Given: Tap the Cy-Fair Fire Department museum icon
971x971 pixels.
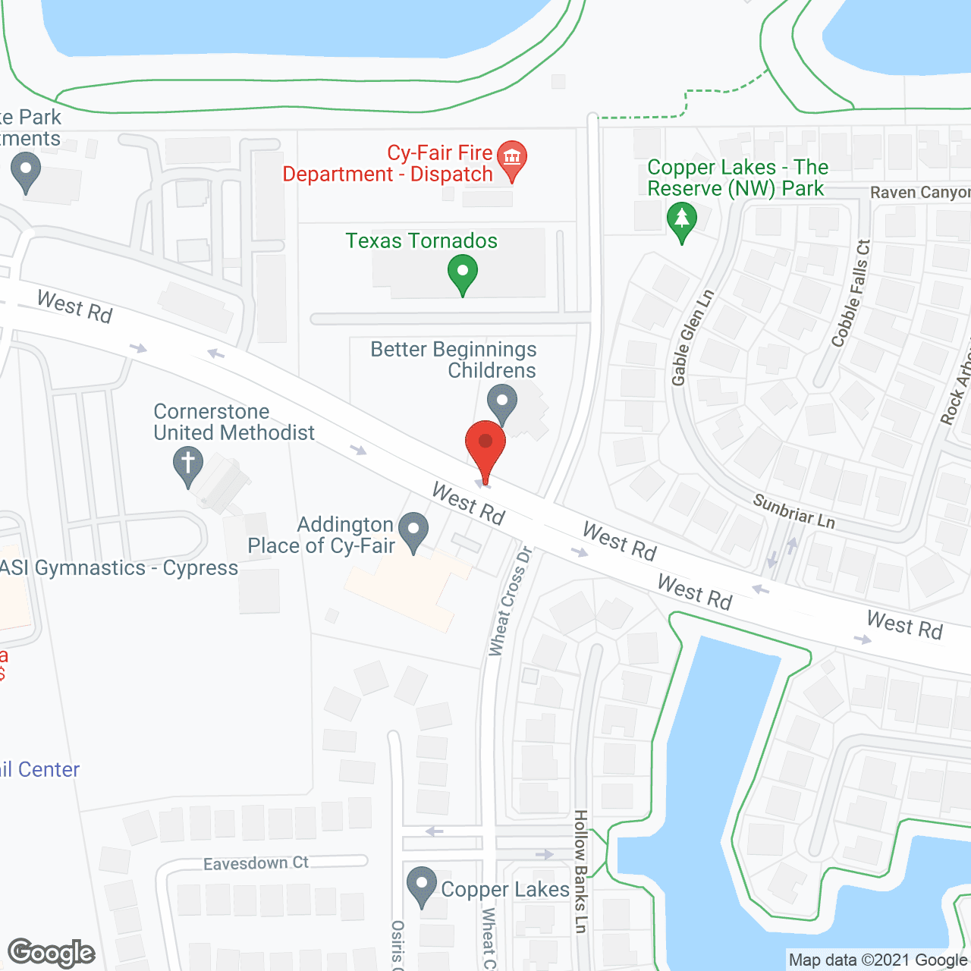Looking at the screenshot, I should pyautogui.click(x=512, y=159).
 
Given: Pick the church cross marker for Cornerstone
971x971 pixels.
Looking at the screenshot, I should pyautogui.click(x=188, y=464).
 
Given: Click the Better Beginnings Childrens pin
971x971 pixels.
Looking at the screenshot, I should pyautogui.click(x=501, y=402).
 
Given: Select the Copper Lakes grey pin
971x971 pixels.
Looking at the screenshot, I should pyautogui.click(x=422, y=885).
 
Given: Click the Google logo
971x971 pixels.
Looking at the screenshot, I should pyautogui.click(x=52, y=953).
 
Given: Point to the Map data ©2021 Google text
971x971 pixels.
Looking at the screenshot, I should pyautogui.click(x=878, y=960).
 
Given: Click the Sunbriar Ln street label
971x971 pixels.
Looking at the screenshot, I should pyautogui.click(x=793, y=511).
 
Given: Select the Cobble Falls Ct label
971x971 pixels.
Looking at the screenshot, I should pyautogui.click(x=851, y=294).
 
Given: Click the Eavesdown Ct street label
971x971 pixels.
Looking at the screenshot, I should pyautogui.click(x=256, y=863).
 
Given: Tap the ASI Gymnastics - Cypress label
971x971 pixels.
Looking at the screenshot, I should pyautogui.click(x=119, y=568).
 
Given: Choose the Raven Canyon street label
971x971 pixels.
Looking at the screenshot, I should pyautogui.click(x=919, y=193).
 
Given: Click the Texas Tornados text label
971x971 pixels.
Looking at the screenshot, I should pyautogui.click(x=422, y=241).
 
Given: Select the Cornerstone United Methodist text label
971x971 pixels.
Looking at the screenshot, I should pyautogui.click(x=234, y=422).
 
